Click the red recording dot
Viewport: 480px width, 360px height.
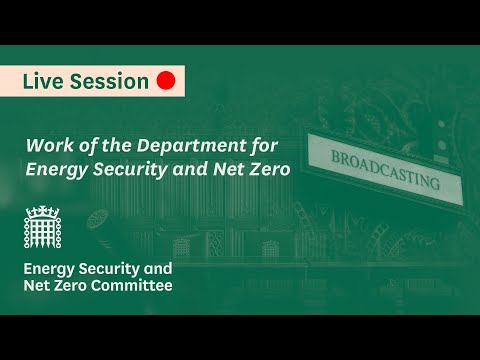[166, 81]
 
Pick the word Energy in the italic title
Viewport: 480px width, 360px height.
[56, 170]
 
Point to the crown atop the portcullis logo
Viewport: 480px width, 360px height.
[42, 212]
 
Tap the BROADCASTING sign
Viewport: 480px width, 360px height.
[385, 170]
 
